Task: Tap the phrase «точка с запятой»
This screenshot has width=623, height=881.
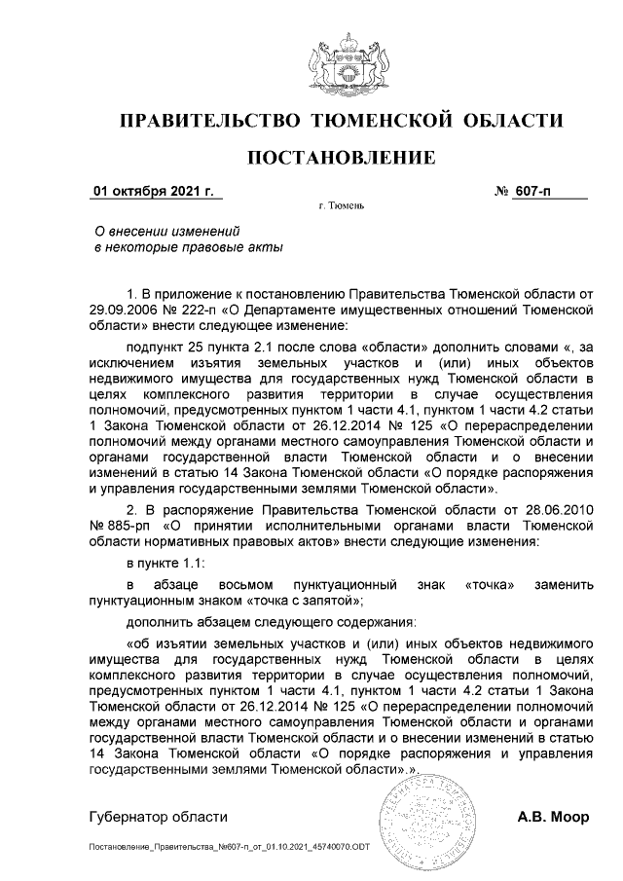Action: coord(307,601)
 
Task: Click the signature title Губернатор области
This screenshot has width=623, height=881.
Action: coord(157,817)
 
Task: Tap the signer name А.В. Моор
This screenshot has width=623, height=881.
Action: coord(553,817)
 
